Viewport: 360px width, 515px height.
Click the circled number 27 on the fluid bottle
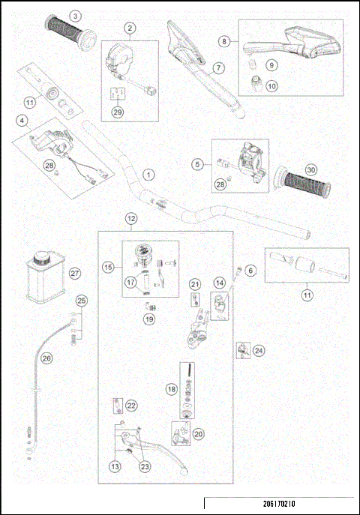pyautogui.click(x=74, y=274)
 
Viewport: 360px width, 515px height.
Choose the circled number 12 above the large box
pyautogui.click(x=131, y=219)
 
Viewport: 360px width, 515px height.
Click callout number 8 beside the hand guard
pyautogui.click(x=224, y=41)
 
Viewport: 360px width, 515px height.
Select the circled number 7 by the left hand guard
pyautogui.click(x=218, y=67)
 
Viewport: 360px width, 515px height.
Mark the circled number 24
pyautogui.click(x=259, y=350)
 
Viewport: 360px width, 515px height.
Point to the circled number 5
pyautogui.click(x=198, y=163)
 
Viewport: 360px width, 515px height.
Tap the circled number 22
pyautogui.click(x=131, y=405)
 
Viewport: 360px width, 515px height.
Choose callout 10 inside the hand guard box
pyautogui.click(x=271, y=86)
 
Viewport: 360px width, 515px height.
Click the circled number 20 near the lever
pyautogui.click(x=198, y=433)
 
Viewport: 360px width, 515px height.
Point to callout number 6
pyautogui.click(x=251, y=271)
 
